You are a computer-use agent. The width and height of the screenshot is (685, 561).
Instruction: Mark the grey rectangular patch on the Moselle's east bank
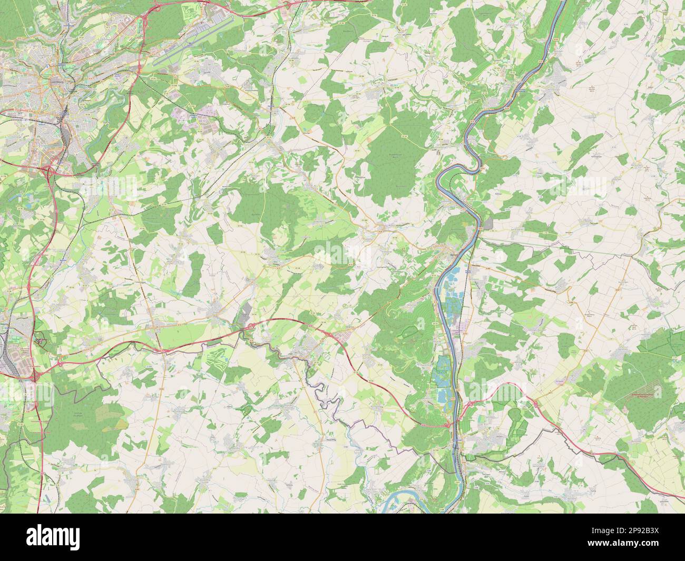pos(490,224)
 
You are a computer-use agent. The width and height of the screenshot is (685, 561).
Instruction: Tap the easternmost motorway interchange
pos(533,403)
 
